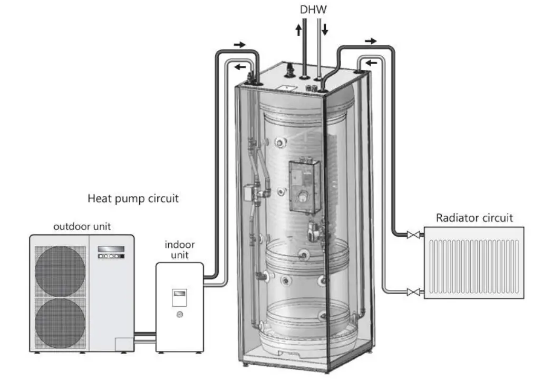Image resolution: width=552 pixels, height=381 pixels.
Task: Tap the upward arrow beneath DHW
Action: click(299, 29)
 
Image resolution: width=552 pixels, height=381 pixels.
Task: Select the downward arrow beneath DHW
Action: click(324, 29)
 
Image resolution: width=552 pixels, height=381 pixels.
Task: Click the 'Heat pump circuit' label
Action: click(133, 199)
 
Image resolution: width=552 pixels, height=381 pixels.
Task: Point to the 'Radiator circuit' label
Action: click(474, 218)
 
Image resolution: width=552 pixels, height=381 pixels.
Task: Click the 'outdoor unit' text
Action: click(82, 227)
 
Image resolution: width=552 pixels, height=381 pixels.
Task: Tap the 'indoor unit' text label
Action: click(180, 250)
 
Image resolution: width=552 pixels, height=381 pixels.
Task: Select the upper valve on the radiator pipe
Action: click(410, 236)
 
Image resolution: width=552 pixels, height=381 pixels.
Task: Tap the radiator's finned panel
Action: click(474, 263)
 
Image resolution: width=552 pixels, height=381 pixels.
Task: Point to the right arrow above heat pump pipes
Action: click(239, 45)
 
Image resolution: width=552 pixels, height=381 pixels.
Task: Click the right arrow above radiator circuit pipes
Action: click(371, 41)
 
